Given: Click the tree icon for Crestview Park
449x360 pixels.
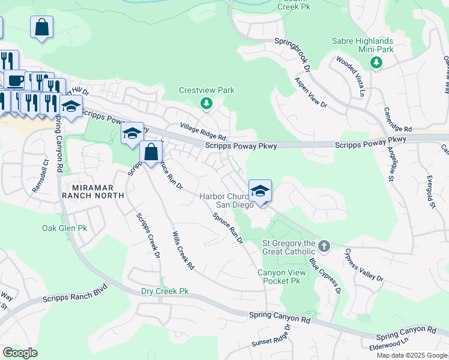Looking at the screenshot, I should tap(206, 104).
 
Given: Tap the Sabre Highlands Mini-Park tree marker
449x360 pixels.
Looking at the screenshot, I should tap(376, 62).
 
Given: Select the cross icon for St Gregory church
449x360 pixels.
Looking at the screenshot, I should tap(324, 246).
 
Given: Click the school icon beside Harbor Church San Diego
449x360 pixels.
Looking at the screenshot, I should tap(260, 191).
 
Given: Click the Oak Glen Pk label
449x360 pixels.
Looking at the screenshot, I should tap(65, 229).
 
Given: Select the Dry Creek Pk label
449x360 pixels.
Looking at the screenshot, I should tap(164, 291).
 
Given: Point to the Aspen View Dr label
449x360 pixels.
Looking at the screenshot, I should tap(310, 92).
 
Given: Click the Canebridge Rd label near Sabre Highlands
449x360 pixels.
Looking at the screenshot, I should tap(398, 120).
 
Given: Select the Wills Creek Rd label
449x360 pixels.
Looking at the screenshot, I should tap(183, 250).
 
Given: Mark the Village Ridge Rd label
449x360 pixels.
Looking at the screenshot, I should tap(203, 131).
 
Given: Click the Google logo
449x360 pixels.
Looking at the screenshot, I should tap(20, 353).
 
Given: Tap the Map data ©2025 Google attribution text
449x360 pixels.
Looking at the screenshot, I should tap(411, 355).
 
